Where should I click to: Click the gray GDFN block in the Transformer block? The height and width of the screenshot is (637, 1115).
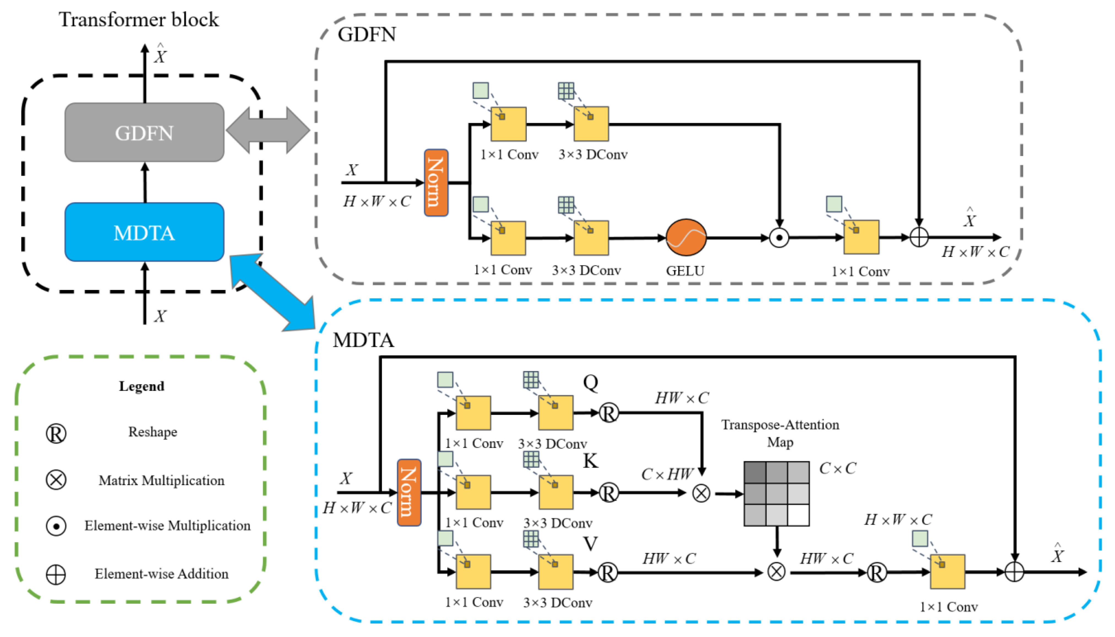144,132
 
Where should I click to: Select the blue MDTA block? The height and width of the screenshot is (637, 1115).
144,232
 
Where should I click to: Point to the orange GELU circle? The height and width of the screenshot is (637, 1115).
686,238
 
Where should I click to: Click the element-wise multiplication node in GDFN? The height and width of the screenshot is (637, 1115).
779,238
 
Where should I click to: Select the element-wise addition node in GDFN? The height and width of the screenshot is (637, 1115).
919,238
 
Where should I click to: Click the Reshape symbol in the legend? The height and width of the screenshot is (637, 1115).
56,433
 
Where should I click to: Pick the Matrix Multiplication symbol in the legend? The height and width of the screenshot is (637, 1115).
56,480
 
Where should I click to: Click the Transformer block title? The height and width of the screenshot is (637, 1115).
139,20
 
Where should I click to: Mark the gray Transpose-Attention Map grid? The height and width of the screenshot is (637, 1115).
777,494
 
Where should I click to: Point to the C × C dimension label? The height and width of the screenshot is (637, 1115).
837,468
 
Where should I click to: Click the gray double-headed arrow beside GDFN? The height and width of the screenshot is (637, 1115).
268,130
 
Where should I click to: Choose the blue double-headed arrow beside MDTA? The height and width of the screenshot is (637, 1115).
272,292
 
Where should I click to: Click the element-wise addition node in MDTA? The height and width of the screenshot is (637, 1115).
1014,572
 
